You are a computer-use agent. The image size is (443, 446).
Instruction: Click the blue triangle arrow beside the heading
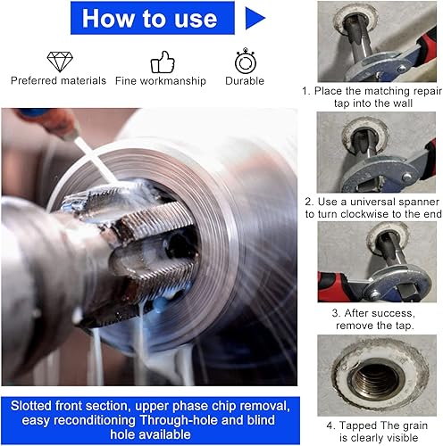pos(255,18)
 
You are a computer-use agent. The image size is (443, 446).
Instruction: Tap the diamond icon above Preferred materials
pos(60,62)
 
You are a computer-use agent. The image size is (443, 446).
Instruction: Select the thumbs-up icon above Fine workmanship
pos(163,62)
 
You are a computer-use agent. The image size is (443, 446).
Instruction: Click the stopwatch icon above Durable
pos(246,61)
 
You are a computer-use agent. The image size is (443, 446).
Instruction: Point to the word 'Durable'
pos(245,81)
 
